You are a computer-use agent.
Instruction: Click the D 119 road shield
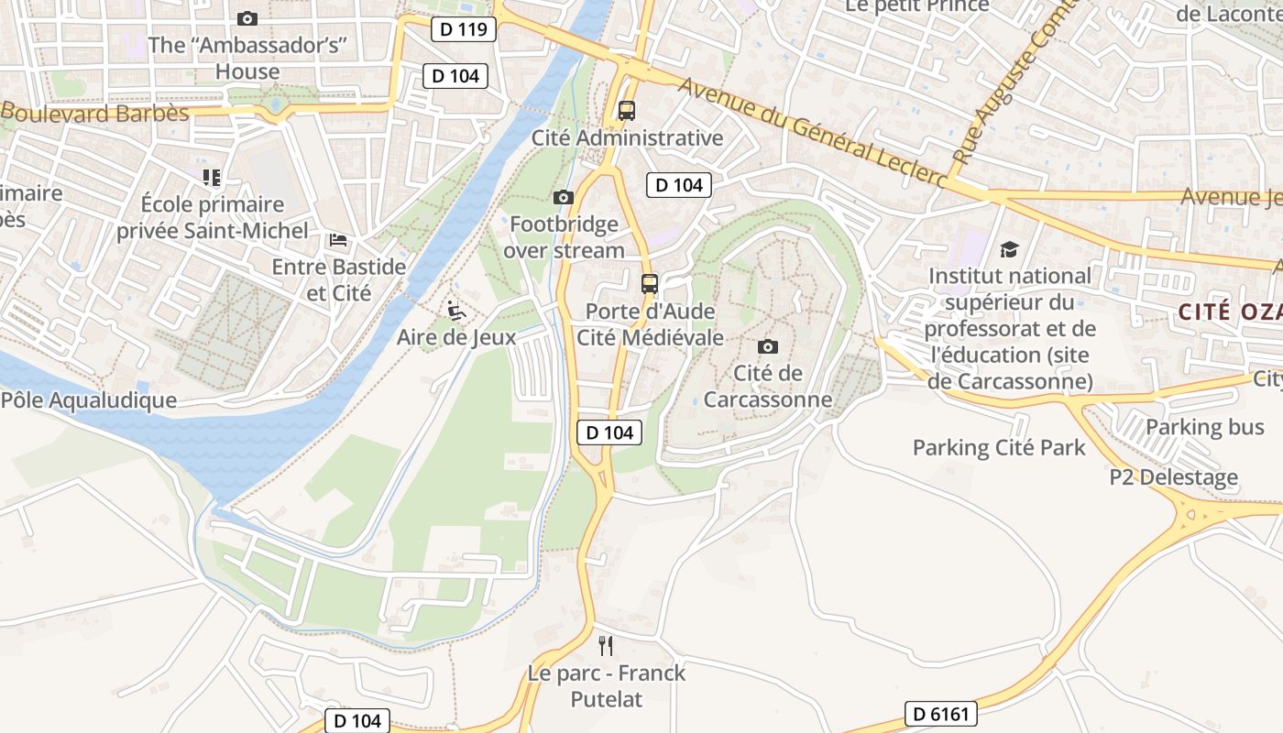tap(463, 29)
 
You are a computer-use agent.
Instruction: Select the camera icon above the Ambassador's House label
tap(247, 18)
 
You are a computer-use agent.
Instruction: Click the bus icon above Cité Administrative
tap(627, 111)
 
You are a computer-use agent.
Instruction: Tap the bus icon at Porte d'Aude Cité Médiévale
tap(650, 283)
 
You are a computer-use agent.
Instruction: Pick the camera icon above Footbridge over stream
tap(564, 197)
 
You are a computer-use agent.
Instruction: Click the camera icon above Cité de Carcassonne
tap(768, 346)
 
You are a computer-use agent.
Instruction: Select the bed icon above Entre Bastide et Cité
tap(338, 240)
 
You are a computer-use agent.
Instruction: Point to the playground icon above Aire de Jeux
tap(455, 311)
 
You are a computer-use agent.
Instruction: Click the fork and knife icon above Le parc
tap(605, 646)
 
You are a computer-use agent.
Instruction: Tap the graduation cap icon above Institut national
tap(1009, 249)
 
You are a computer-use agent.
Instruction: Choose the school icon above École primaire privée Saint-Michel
tap(212, 177)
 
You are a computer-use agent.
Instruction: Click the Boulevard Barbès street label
tap(94, 114)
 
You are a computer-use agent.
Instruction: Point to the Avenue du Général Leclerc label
tap(812, 134)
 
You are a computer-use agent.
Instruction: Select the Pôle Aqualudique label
tap(89, 400)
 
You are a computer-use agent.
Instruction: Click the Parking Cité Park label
tap(999, 448)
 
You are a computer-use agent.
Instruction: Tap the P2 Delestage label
tap(1173, 477)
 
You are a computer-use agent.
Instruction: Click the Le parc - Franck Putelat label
tap(606, 686)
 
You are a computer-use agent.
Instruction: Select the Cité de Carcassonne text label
tap(768, 387)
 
